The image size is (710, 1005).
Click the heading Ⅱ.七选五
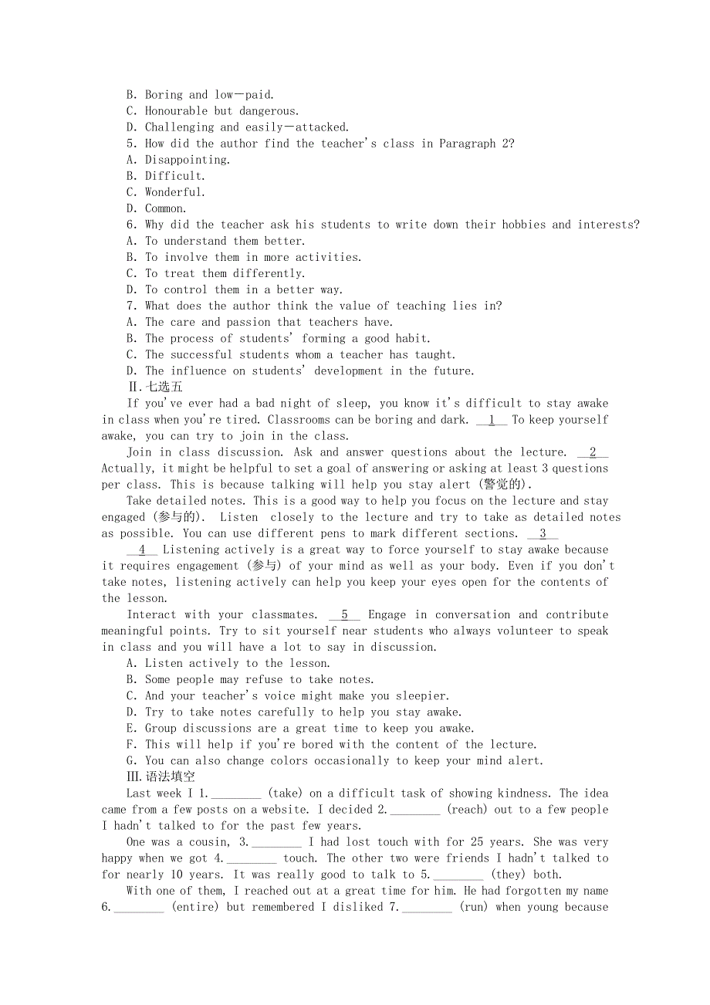point(155,387)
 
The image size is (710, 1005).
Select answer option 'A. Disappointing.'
point(178,160)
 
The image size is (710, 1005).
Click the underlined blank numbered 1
point(492,420)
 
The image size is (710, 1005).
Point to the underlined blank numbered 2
point(592,452)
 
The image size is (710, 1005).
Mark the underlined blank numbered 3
point(543,533)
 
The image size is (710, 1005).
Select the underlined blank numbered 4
point(142,550)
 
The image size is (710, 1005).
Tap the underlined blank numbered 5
point(344,614)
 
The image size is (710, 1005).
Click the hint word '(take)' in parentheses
point(285,793)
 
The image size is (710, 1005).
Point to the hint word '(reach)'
point(467,809)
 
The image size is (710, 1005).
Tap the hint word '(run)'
point(474,907)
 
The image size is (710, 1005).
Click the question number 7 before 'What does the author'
point(131,306)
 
